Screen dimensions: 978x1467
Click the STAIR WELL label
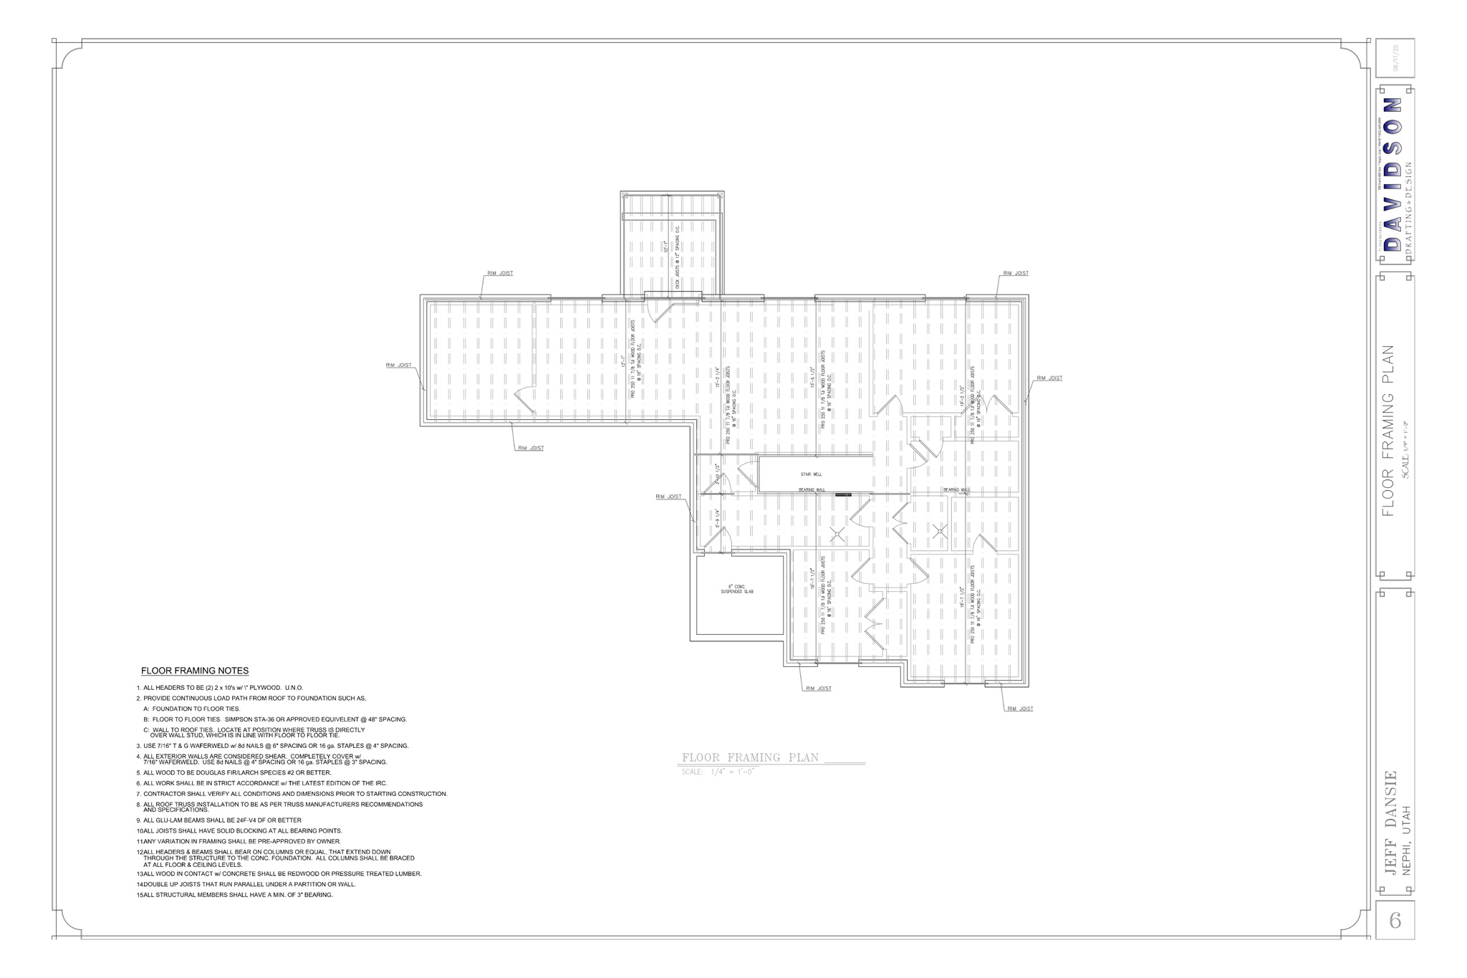click(x=811, y=474)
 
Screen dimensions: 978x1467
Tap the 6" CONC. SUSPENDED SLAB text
click(x=736, y=589)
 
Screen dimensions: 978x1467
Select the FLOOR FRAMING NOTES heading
click(x=195, y=671)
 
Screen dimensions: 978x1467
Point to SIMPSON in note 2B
click(x=239, y=719)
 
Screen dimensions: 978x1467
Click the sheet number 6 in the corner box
click(x=1395, y=921)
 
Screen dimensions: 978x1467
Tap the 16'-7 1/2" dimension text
click(x=812, y=579)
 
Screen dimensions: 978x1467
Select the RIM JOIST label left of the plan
click(x=399, y=365)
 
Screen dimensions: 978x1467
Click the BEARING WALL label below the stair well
click(x=812, y=490)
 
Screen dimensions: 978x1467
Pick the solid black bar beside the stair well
click(x=843, y=494)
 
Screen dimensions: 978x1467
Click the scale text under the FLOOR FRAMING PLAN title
click(x=718, y=772)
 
